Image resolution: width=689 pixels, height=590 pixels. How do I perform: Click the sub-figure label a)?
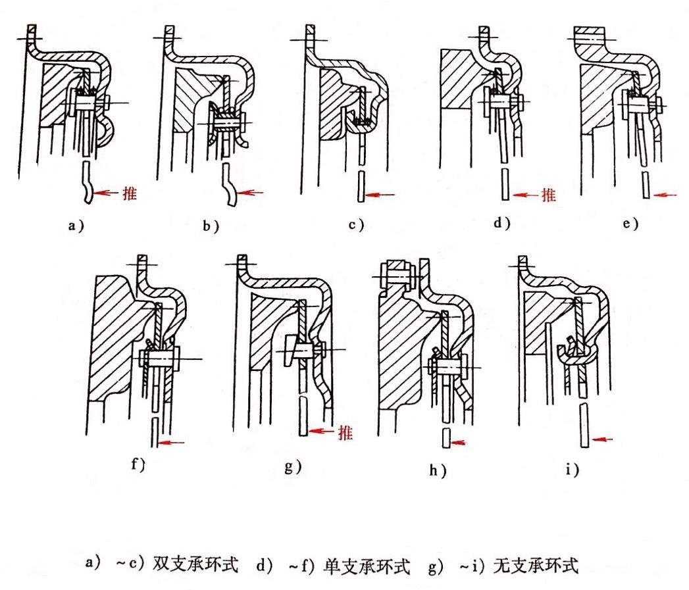point(76,226)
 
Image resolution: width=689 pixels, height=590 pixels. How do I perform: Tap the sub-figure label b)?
point(211,226)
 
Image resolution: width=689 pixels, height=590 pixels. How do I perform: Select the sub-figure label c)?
point(356,225)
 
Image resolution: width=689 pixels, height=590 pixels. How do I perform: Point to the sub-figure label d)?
point(501,223)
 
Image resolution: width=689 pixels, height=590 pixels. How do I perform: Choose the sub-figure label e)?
point(630,224)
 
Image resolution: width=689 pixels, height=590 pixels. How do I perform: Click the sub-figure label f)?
point(138,464)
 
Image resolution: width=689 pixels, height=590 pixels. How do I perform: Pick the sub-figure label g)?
point(293,466)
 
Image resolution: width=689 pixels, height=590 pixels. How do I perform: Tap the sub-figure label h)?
point(438,470)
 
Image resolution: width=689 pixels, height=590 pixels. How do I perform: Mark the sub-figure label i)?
point(572,470)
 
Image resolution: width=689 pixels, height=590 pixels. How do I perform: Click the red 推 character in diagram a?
point(130,193)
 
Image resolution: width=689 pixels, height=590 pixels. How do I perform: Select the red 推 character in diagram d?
point(548,195)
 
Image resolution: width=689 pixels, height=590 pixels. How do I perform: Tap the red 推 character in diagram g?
point(345,433)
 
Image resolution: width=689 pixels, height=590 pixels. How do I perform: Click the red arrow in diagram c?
point(380,195)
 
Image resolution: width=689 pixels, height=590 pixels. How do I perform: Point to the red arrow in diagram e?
point(665,195)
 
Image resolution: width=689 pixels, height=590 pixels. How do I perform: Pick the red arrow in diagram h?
point(458,443)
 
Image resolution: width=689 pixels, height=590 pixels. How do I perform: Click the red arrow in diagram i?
point(601,439)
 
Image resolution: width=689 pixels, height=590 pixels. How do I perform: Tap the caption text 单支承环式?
point(367,566)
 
